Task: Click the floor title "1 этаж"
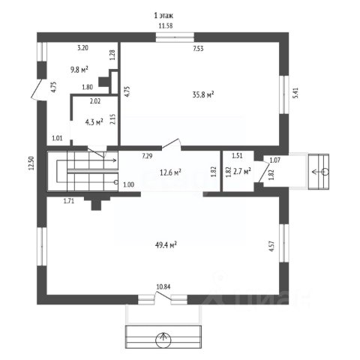click(163, 16)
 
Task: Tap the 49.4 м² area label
click(166, 244)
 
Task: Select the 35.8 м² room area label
click(203, 94)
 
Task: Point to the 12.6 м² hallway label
click(170, 172)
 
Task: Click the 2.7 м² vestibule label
click(242, 172)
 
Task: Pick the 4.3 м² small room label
click(94, 122)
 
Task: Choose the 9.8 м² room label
click(79, 70)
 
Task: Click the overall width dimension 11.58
click(166, 25)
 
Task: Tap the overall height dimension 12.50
click(31, 163)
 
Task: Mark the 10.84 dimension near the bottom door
click(163, 286)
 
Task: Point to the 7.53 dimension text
click(198, 49)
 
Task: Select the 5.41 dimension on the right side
click(295, 93)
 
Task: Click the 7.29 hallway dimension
click(147, 157)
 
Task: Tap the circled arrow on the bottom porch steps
click(163, 340)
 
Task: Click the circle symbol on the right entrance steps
click(325, 172)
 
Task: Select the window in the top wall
click(175, 37)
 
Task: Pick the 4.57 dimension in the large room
click(272, 246)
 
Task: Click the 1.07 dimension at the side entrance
click(275, 160)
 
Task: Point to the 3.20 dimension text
click(82, 48)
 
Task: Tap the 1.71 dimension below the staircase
click(69, 201)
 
